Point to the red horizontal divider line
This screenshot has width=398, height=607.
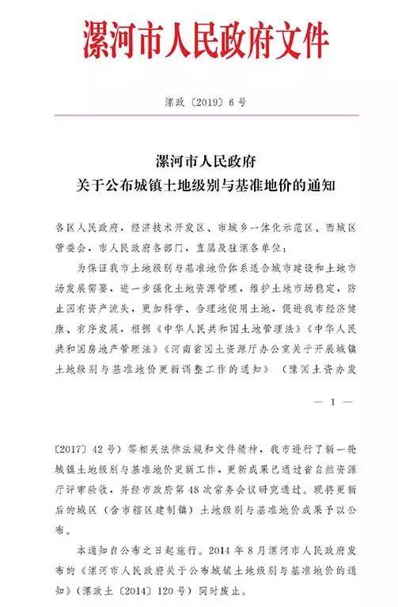click(x=199, y=115)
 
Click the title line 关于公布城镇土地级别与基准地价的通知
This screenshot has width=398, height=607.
click(x=199, y=170)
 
